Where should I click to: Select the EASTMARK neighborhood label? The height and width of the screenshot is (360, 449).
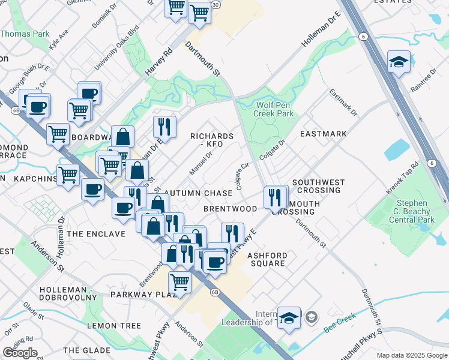(324, 134)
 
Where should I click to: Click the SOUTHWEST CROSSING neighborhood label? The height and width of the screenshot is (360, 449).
(318, 186)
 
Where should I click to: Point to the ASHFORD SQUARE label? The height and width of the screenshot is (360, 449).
(268, 259)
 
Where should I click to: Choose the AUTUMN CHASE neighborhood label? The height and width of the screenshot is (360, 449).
(198, 193)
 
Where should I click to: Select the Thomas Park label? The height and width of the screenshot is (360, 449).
(25, 34)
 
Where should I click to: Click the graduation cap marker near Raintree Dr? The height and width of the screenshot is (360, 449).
(399, 61)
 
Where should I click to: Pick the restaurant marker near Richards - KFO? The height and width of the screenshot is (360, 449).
(164, 126)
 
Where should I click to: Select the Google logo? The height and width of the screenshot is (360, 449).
(20, 353)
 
